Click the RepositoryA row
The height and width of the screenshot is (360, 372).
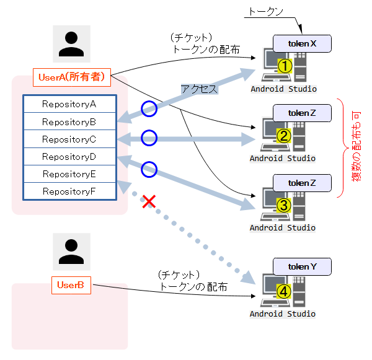point(69,103)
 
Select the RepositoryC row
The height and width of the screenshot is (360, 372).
point(69,139)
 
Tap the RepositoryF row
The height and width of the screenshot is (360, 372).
point(69,191)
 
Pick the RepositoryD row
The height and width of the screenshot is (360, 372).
point(69,156)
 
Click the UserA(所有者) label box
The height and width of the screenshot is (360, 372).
point(72,77)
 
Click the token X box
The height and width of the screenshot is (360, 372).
point(302,43)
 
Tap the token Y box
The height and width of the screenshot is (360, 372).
point(302,266)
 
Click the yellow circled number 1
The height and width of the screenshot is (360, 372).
point(284,66)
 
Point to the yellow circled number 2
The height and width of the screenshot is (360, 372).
point(284,136)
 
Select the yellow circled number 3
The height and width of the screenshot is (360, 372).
point(284,206)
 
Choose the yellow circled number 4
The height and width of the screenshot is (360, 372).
point(283,291)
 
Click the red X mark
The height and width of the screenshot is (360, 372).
point(149,201)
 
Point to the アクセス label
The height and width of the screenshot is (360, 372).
point(199,89)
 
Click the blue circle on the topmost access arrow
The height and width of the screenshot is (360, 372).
point(148,109)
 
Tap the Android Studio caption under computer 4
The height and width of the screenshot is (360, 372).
point(283,314)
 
